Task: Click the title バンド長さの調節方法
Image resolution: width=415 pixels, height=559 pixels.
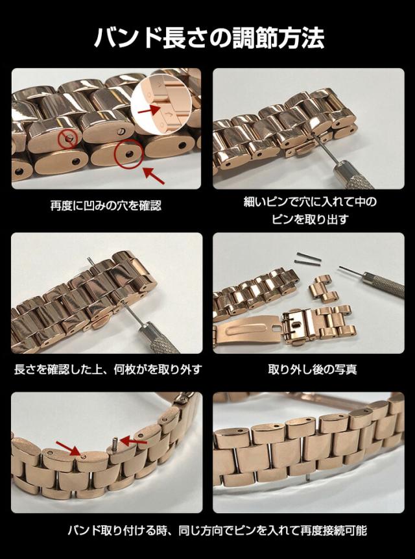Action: (209, 38)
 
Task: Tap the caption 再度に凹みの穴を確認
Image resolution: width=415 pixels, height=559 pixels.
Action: (106, 206)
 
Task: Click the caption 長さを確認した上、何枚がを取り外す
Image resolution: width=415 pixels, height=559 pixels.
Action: (108, 369)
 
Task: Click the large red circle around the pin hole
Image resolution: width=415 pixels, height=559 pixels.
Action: (128, 154)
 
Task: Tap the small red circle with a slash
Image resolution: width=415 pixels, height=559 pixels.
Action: (67, 138)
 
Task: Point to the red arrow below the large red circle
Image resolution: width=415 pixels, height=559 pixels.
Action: (154, 175)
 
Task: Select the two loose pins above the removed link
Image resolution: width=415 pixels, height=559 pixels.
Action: (308, 258)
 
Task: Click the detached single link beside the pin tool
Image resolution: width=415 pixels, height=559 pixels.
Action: (323, 289)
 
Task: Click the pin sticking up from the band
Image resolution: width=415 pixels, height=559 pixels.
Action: (115, 444)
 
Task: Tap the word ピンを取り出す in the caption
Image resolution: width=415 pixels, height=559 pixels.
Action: (310, 219)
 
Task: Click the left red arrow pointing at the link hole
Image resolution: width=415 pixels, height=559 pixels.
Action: (69, 448)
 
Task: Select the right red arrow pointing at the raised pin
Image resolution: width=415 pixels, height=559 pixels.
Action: (134, 441)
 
